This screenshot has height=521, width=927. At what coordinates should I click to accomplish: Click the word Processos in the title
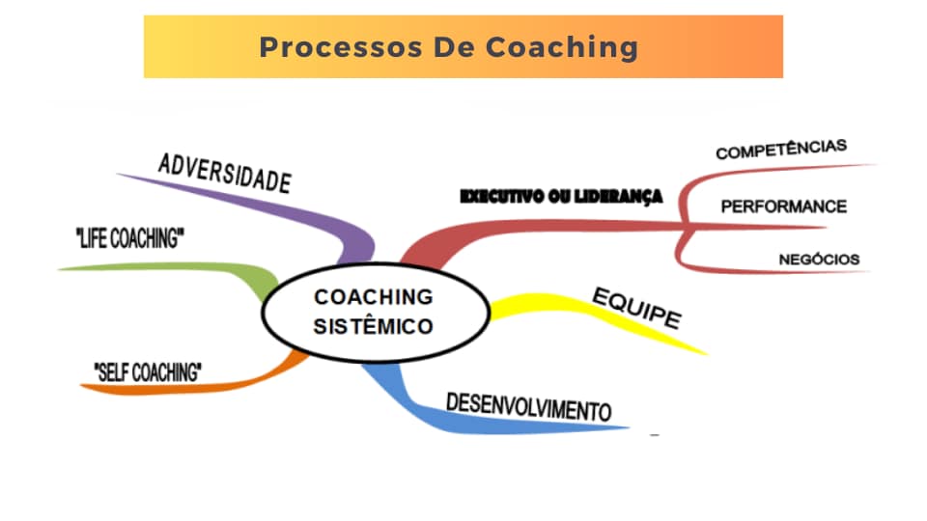tap(341, 48)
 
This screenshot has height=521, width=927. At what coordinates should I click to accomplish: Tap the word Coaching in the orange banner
tap(562, 48)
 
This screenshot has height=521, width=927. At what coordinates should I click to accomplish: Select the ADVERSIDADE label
tap(225, 173)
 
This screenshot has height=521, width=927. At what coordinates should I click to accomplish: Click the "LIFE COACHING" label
tap(130, 238)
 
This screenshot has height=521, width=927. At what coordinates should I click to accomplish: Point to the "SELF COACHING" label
tap(148, 372)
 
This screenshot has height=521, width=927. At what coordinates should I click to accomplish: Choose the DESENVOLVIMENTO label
tap(528, 407)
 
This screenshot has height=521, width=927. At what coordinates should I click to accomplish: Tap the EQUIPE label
tap(636, 308)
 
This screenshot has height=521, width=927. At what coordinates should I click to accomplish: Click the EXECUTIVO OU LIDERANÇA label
tap(561, 197)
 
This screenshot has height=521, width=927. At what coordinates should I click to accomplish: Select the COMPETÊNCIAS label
tap(781, 150)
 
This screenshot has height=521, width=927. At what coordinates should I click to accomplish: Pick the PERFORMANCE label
tap(784, 206)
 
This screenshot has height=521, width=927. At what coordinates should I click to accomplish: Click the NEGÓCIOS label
tap(820, 260)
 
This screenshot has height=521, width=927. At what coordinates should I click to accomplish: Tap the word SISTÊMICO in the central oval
tap(374, 327)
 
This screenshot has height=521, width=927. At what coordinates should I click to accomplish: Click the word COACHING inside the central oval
tap(374, 297)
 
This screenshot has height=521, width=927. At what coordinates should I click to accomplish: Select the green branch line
tap(195, 267)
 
